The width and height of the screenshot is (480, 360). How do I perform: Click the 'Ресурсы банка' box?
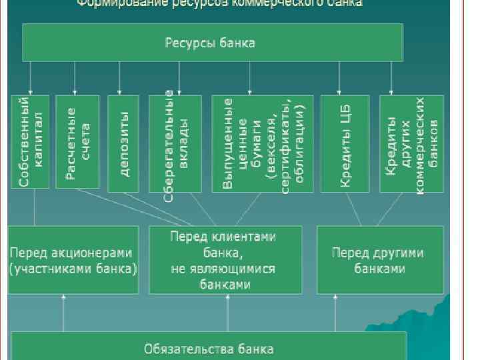213,43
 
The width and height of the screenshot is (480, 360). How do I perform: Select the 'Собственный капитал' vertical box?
30,141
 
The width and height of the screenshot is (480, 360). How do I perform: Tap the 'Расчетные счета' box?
77,141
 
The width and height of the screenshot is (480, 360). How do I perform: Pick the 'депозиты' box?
123,141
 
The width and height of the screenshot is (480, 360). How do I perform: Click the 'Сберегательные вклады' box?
175,141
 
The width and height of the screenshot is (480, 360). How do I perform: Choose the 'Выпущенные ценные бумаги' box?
261,141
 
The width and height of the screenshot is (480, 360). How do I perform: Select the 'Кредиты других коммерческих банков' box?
411,141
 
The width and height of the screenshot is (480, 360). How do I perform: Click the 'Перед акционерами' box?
73,260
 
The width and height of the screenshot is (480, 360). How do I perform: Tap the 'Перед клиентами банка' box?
225,260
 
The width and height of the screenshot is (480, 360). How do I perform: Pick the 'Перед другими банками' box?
379,260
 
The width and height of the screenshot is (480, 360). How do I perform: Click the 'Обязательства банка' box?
209,348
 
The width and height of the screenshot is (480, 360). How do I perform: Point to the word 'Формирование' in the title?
116,3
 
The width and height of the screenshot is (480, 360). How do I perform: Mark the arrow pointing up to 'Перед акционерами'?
63,313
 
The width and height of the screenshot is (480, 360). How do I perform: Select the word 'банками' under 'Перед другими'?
379,269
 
